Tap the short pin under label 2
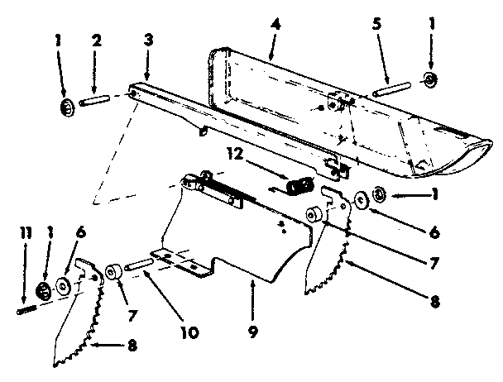pyautogui.click(x=97, y=98)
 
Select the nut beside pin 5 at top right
pyautogui.click(x=430, y=80)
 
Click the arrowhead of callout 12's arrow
pyautogui.click(x=285, y=179)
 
